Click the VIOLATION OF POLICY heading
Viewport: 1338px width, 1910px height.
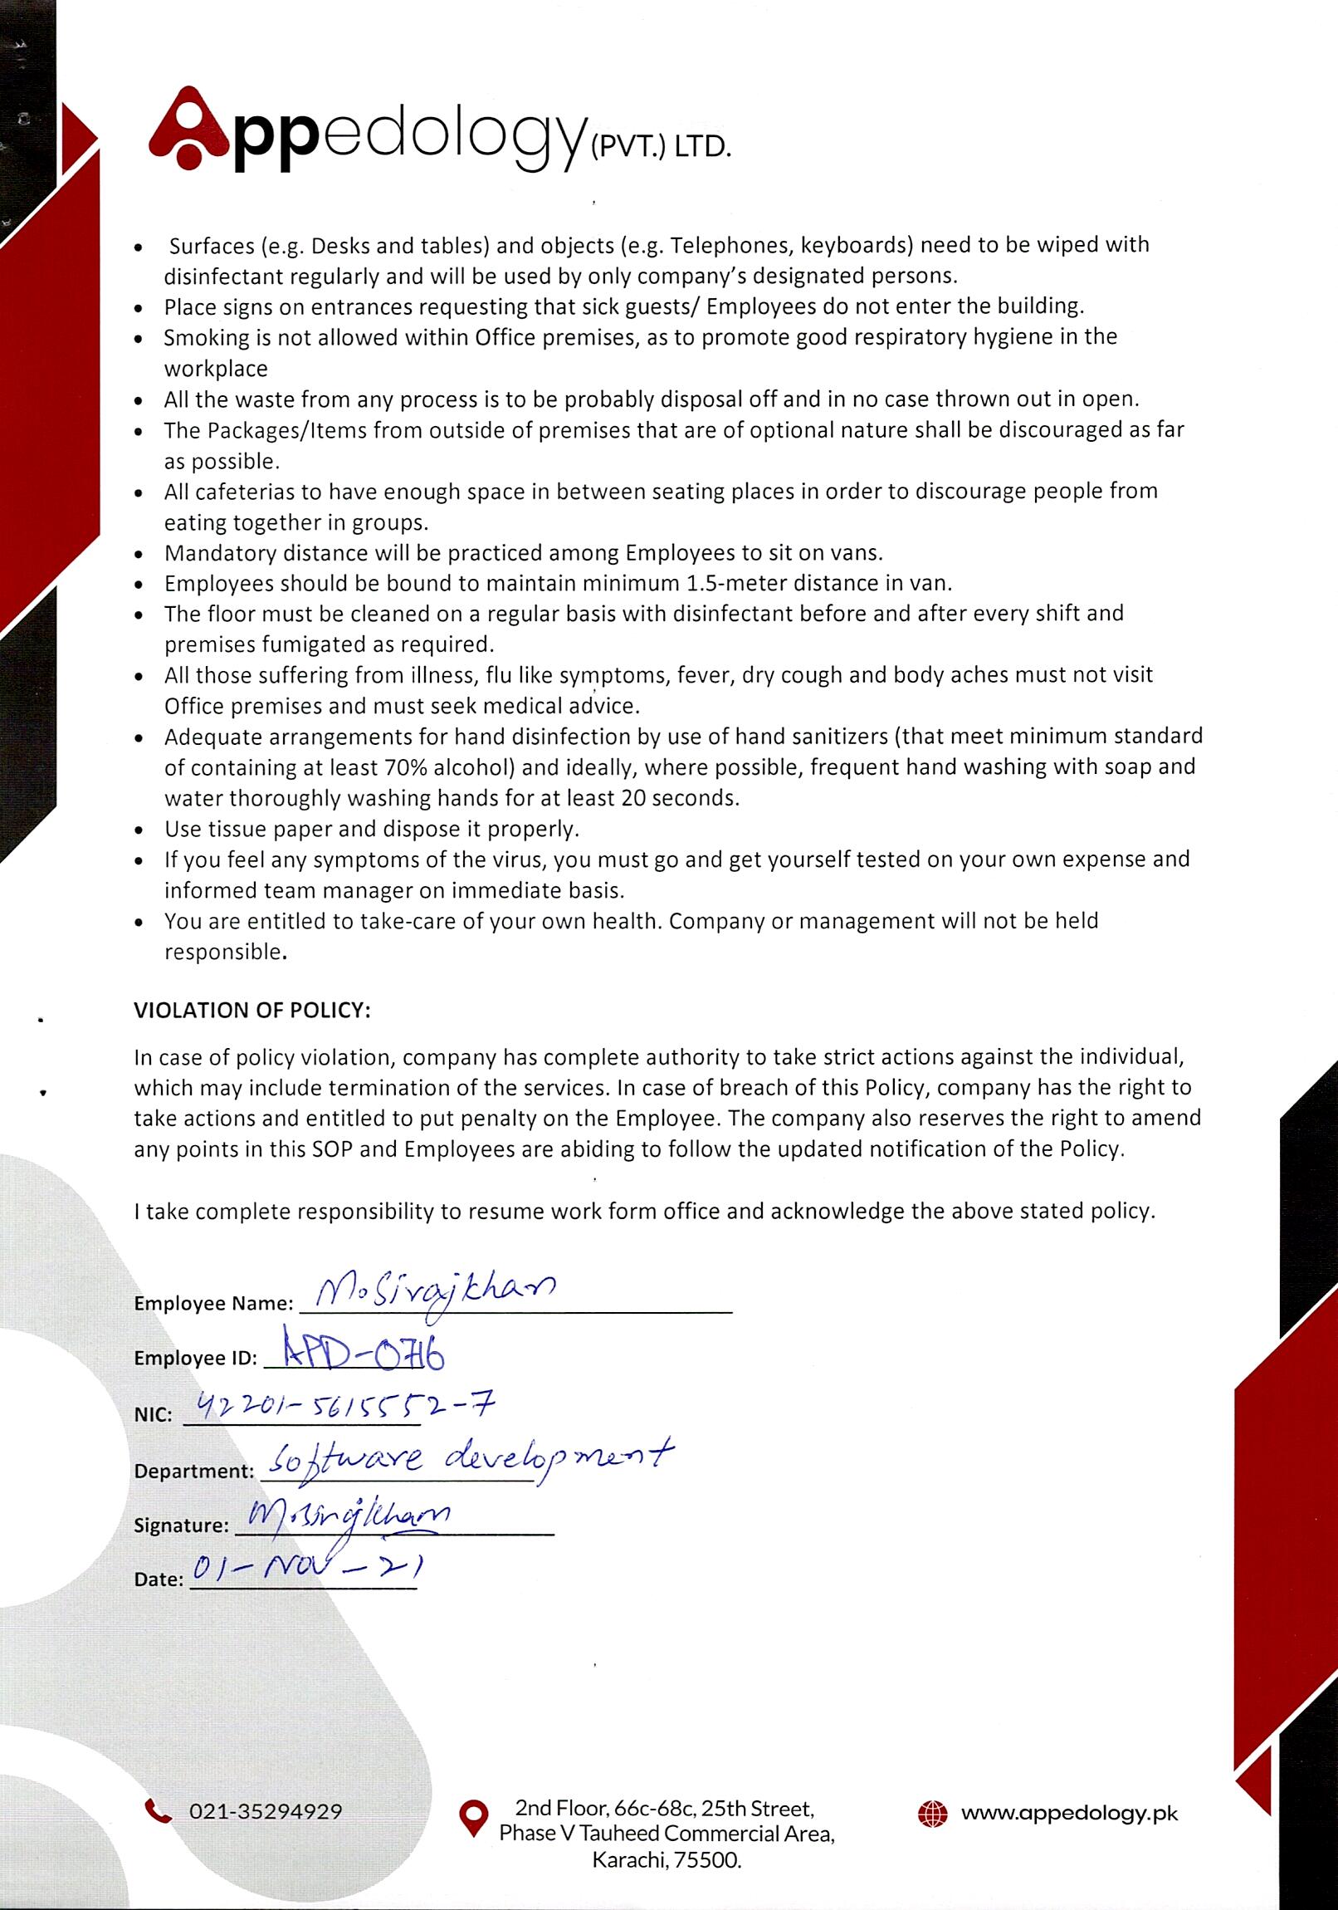pyautogui.click(x=252, y=1010)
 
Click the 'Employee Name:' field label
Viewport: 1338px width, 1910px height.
pyautogui.click(x=213, y=1304)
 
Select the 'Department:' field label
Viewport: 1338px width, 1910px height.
pyautogui.click(x=193, y=1471)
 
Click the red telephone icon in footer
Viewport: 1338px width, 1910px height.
pyautogui.click(x=158, y=1810)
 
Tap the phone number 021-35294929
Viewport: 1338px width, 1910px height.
pyautogui.click(x=266, y=1811)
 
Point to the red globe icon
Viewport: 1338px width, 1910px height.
pyautogui.click(x=932, y=1814)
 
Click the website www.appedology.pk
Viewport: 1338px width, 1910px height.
pyautogui.click(x=1069, y=1813)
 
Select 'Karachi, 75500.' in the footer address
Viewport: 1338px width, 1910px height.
pyautogui.click(x=666, y=1861)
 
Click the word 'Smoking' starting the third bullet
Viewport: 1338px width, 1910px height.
pyautogui.click(x=202, y=338)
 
